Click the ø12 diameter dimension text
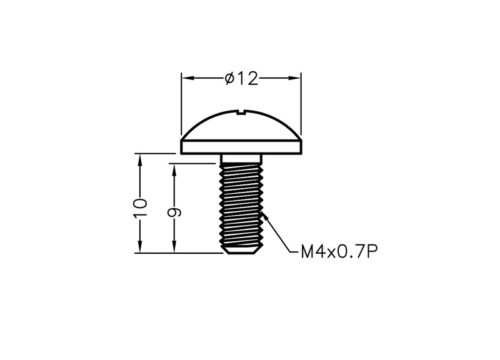(241, 79)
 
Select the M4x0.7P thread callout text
(339, 252)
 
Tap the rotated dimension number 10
(140, 208)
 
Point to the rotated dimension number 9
(174, 212)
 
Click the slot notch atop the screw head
(241, 112)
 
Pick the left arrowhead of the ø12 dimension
(188, 78)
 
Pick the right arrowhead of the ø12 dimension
(294, 78)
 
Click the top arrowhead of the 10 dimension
(139, 160)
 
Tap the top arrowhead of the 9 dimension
(174, 169)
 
